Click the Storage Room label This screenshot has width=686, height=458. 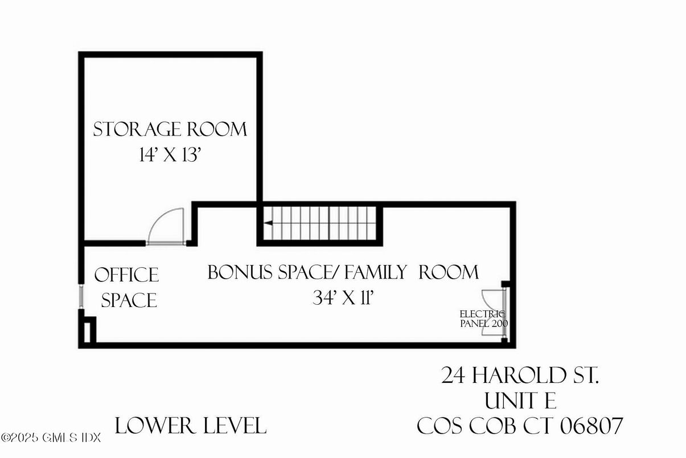tap(170, 129)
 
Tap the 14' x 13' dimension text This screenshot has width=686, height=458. tap(170, 156)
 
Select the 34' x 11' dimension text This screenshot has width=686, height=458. tap(343, 298)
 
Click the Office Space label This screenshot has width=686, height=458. tap(127, 287)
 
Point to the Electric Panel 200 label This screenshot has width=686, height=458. tap(483, 318)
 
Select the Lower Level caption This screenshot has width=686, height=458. tap(191, 426)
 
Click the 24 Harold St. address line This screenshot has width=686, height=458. tap(520, 376)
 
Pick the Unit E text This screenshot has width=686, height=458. tap(520, 401)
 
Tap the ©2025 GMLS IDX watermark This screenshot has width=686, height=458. tap(51, 438)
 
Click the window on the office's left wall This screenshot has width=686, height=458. tap(81, 296)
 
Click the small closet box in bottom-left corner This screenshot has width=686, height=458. tap(87, 330)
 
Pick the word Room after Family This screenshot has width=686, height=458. tap(449, 272)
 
